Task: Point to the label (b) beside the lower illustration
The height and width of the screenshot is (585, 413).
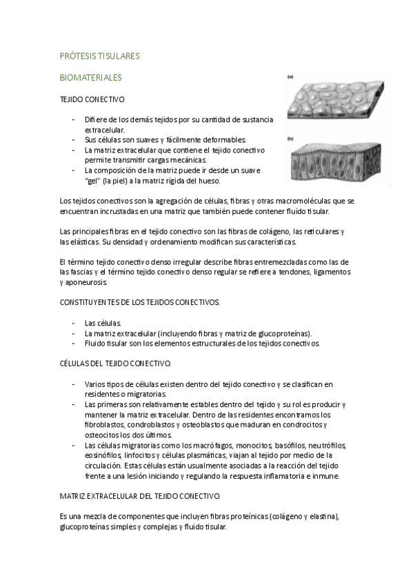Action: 291,139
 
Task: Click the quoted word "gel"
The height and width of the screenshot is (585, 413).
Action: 93,181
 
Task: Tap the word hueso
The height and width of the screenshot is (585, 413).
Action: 208,181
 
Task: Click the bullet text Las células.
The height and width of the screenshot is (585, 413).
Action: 103,322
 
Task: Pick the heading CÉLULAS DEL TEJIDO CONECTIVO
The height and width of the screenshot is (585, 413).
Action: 116,362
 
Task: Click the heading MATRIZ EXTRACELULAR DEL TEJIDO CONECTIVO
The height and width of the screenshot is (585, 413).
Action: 140,495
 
